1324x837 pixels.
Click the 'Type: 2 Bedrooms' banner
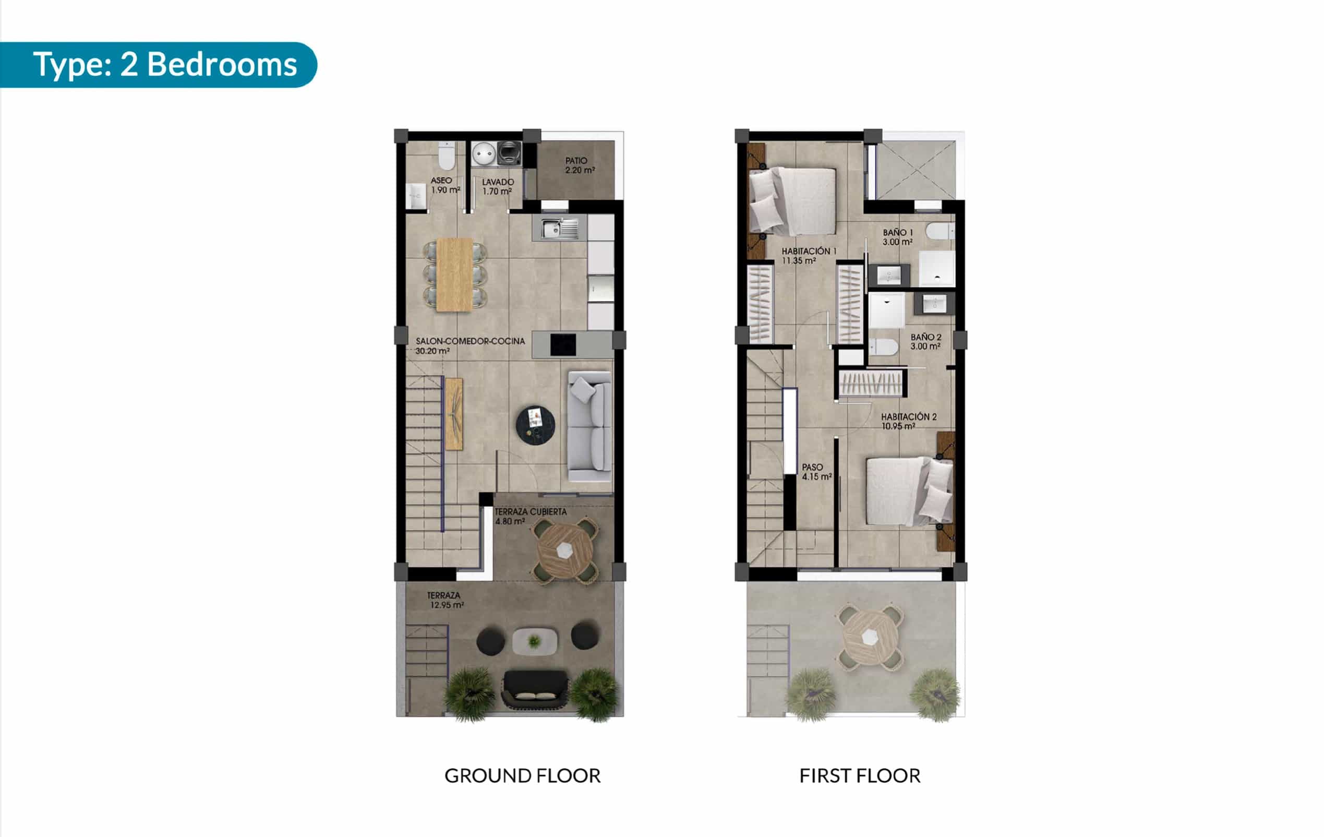[x=159, y=65]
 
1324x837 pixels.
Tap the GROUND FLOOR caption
[x=522, y=775]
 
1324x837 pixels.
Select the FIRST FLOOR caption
[x=860, y=775]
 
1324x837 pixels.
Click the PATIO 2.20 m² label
[x=580, y=165]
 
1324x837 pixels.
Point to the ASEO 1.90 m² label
[x=446, y=185]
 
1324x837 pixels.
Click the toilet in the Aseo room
[x=447, y=157]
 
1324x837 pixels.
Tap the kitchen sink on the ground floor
[x=559, y=228]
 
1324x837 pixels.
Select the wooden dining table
[x=454, y=274]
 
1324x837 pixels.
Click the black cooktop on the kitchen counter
[x=563, y=345]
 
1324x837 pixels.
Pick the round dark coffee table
[x=535, y=425]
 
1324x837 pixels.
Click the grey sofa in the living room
[x=589, y=426]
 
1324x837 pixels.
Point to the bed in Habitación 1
[x=793, y=201]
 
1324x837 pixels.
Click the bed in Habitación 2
[x=909, y=491]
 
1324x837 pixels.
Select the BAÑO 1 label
[x=898, y=237]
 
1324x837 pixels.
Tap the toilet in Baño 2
[x=883, y=347]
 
